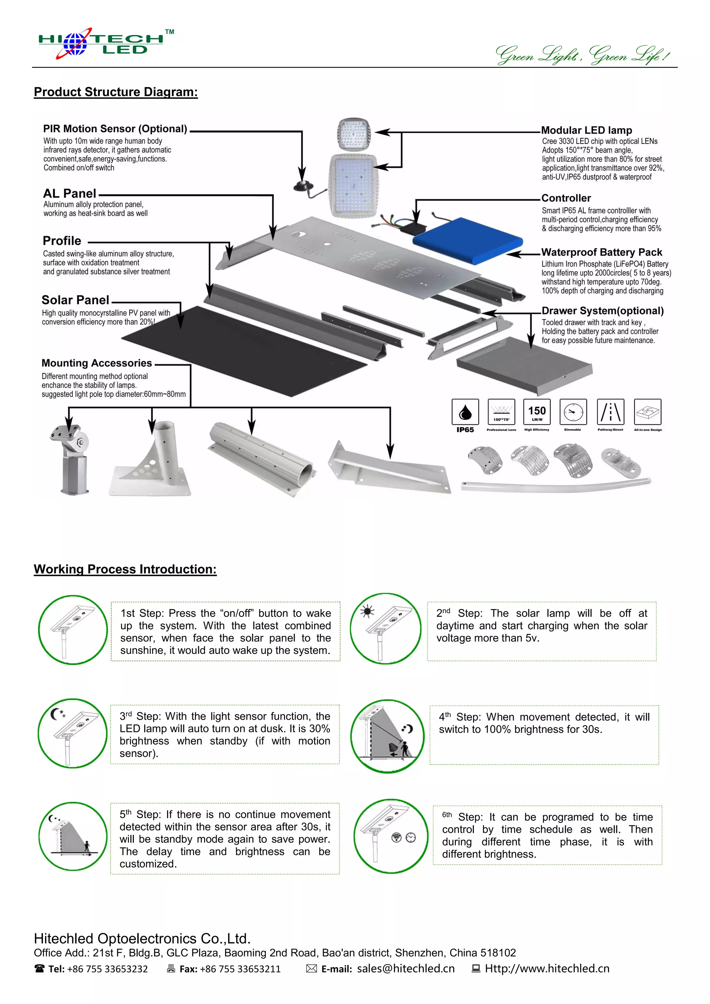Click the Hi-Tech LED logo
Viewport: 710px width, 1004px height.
105,44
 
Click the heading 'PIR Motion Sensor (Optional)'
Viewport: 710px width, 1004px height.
115,129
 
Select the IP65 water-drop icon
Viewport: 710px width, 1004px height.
465,412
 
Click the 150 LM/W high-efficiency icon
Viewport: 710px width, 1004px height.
537,412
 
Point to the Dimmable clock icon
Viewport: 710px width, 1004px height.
573,412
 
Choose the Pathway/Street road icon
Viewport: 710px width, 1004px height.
610,412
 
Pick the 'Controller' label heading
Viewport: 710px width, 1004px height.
566,198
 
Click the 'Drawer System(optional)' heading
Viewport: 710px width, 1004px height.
603,311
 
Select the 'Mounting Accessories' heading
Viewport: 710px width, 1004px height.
97,363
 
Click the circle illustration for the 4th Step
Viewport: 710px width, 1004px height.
387,736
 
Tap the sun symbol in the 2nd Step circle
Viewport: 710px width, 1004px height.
367,611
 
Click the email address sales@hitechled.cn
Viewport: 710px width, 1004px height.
406,969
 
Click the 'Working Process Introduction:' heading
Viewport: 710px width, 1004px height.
125,569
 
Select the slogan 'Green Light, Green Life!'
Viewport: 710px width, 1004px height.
582,55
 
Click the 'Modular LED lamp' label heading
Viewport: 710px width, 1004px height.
586,130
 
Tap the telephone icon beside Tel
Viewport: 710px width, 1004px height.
39,969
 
